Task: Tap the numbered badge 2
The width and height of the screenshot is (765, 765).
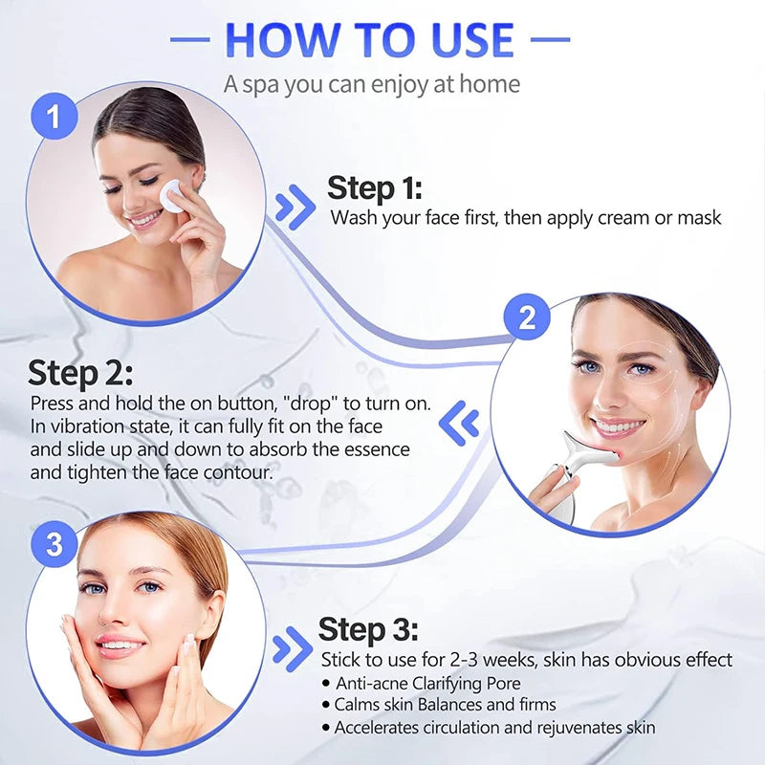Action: coord(527,318)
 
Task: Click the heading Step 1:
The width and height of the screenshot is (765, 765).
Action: coord(375,187)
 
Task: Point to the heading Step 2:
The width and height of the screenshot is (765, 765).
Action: coord(80,373)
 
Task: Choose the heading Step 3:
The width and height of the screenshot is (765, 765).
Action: coord(368,629)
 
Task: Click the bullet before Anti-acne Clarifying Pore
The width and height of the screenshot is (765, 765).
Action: coord(325,683)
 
